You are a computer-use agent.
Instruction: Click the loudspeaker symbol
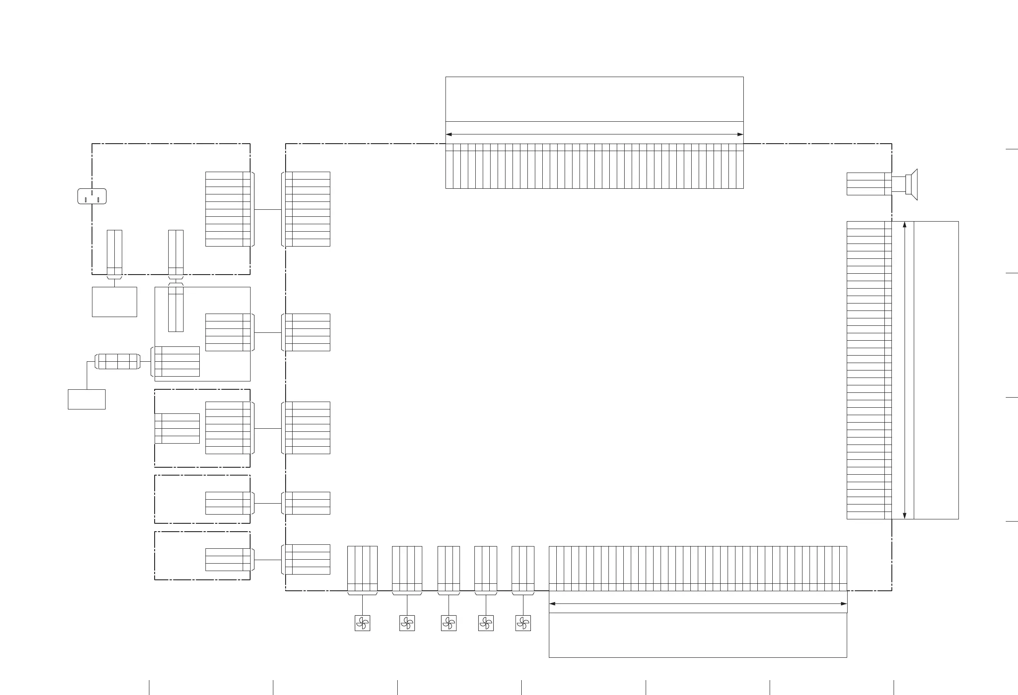coord(911,184)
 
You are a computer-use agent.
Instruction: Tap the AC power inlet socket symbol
coord(92,196)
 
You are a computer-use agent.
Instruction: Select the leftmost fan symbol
coord(362,623)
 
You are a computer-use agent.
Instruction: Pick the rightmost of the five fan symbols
coord(523,623)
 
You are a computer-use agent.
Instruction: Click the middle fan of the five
coord(449,623)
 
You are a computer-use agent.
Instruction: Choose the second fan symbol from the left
coord(407,623)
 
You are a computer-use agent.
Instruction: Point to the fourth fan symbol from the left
coord(486,623)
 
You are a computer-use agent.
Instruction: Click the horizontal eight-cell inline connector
coord(118,361)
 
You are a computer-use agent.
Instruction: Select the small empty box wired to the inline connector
coord(87,399)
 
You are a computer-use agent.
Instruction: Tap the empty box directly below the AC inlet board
coord(114,302)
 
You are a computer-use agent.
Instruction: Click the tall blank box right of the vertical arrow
coord(936,370)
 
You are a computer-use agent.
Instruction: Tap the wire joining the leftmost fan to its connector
coord(362,605)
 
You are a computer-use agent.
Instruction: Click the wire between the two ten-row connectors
coord(267,209)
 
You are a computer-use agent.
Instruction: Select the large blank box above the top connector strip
coord(594,99)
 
